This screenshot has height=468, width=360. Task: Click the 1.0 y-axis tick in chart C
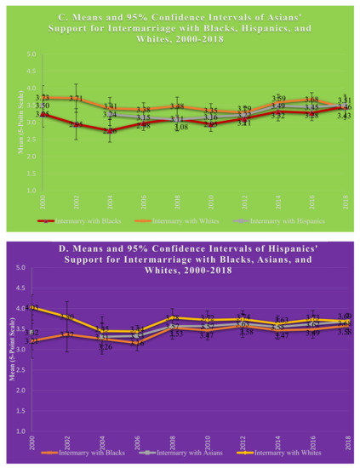[x=31, y=191]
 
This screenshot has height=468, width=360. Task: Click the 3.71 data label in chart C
[x=76, y=100]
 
